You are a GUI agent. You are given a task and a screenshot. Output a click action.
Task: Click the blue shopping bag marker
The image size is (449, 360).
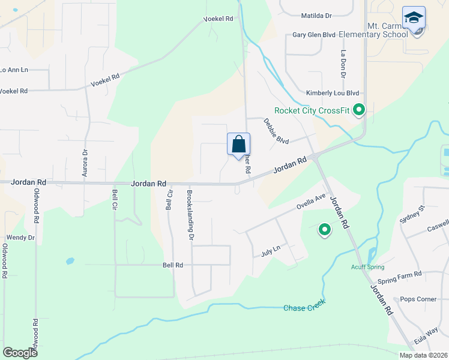click(238, 145)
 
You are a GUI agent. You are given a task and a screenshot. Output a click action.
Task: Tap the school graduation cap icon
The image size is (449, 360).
click(414, 18)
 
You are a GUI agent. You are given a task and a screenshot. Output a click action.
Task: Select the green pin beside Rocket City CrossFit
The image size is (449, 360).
click(359, 110)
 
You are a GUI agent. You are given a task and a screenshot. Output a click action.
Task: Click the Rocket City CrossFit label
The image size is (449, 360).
click(312, 110)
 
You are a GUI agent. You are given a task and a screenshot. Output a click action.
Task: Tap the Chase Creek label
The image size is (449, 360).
click(304, 308)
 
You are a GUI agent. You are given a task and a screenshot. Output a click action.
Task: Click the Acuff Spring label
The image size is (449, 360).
click(367, 268)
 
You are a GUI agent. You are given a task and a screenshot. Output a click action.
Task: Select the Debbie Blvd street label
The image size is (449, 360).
click(276, 131)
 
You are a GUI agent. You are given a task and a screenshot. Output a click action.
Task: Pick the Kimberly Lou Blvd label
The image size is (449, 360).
click(332, 93)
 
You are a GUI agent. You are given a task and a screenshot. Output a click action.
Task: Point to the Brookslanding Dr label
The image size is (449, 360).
click(190, 215)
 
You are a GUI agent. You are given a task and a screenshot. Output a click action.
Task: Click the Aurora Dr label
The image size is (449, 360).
click(84, 164)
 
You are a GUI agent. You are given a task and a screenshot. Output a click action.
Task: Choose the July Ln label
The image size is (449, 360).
click(271, 251)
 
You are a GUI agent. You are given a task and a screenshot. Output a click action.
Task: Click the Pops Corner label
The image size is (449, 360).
click(418, 299)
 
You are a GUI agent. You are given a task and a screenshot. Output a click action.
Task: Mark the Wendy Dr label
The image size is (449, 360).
click(20, 238)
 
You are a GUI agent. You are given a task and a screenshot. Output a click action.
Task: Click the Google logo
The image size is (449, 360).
click(20, 353)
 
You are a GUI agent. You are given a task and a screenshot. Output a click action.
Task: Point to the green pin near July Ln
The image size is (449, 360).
click(325, 229)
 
